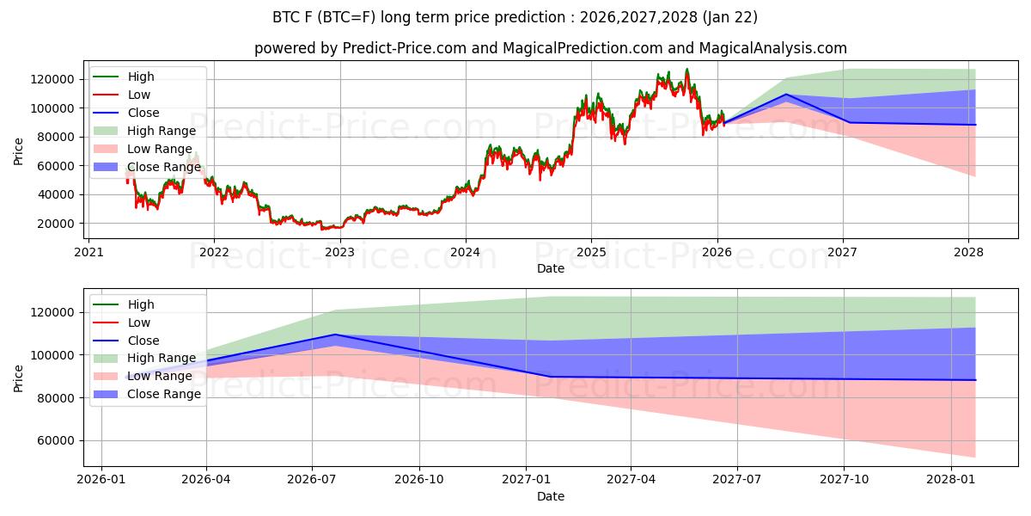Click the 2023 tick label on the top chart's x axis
[339, 253]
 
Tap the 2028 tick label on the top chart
[968, 253]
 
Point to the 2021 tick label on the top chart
[88, 253]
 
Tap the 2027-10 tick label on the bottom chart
[844, 480]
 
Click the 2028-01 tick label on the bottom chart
[951, 480]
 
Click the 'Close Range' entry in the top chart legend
[163, 167]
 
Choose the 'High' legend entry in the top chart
[141, 77]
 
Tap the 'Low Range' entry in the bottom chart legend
[160, 376]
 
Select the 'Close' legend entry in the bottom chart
[143, 341]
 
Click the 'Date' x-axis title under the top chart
[551, 268]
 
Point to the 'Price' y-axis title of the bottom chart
[19, 378]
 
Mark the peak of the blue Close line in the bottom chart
[334, 335]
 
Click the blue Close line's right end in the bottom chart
[975, 380]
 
